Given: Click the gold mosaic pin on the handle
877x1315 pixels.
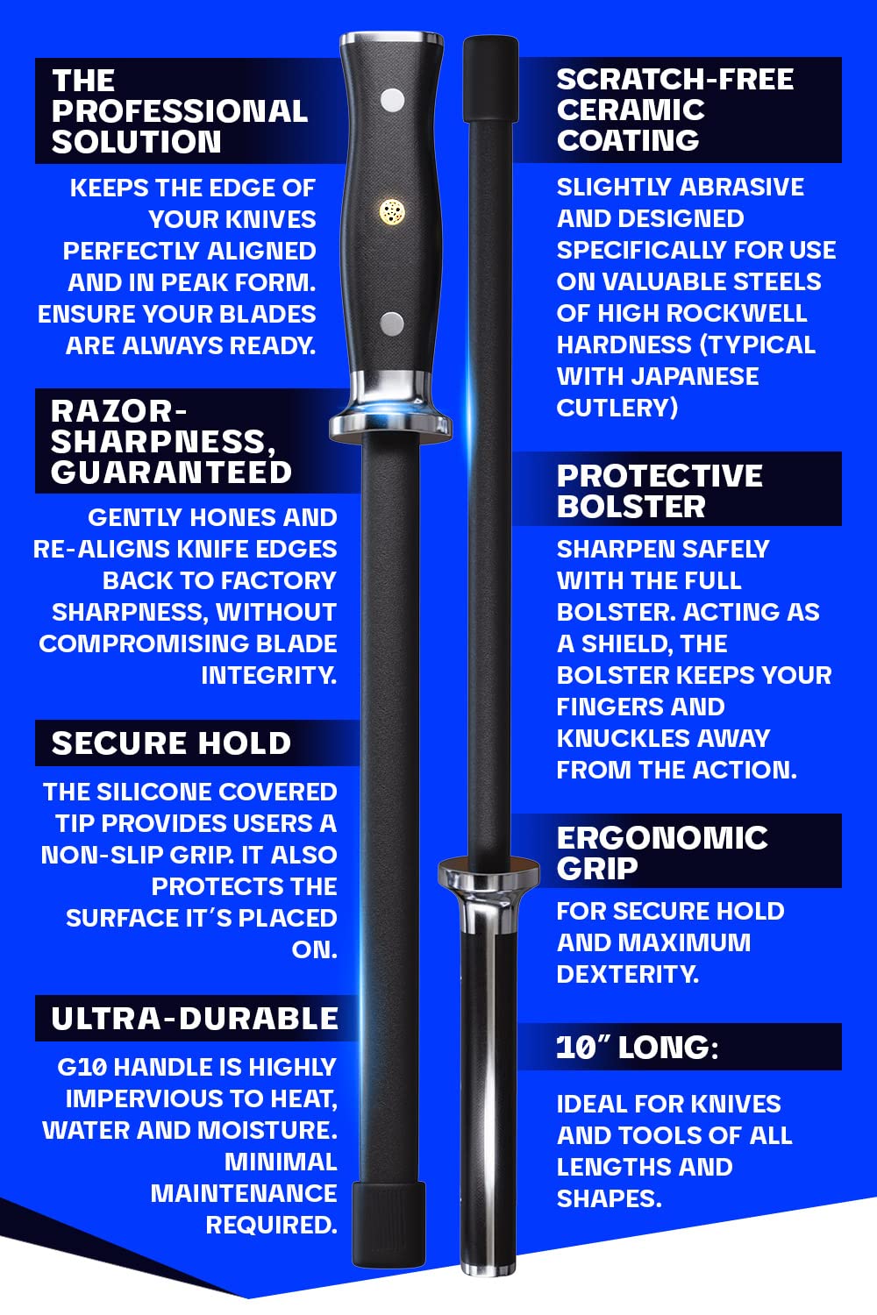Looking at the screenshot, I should [x=392, y=210].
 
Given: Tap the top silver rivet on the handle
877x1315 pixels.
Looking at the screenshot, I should [x=392, y=100].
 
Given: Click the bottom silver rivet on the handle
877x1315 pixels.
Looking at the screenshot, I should [x=392, y=323].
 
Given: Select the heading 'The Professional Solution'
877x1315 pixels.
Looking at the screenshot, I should [x=180, y=111].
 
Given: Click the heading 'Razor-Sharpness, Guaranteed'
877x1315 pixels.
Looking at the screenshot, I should [x=171, y=441].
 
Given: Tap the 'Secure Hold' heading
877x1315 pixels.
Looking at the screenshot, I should [x=171, y=743].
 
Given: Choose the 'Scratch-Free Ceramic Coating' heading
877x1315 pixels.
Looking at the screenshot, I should [x=674, y=110].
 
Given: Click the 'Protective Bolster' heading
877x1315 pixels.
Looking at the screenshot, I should [x=660, y=490].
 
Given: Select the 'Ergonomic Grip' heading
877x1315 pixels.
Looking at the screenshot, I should [x=662, y=852].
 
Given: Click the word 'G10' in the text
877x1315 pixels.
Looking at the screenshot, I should [x=82, y=1067].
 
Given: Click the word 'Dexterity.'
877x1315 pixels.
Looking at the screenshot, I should [x=628, y=974].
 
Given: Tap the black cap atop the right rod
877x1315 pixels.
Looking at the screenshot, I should [x=490, y=79].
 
